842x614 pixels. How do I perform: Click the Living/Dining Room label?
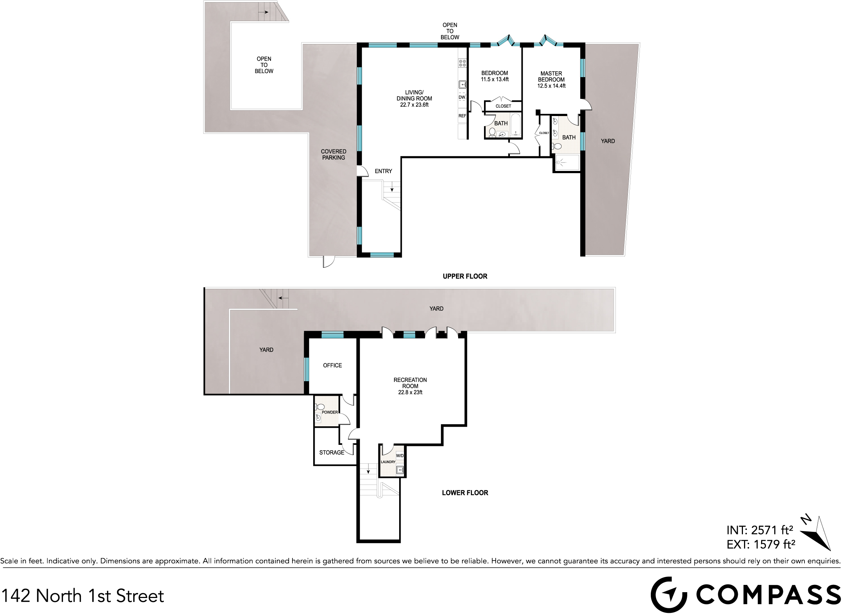[x=414, y=96]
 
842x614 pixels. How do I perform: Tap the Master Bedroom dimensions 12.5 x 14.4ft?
[x=551, y=86]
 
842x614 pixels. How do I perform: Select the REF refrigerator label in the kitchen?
[x=462, y=116]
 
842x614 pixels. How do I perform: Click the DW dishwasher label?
[x=462, y=97]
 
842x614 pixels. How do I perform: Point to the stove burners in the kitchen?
[x=462, y=64]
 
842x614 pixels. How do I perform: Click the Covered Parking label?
[x=333, y=155]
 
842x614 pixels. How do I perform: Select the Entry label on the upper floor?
[x=383, y=171]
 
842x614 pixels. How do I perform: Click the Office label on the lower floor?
[x=332, y=366]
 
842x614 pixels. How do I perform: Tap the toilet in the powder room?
[x=320, y=407]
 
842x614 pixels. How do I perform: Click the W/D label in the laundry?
[x=400, y=456]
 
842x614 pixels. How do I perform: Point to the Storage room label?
[x=331, y=453]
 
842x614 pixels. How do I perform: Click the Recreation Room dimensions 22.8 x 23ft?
[x=410, y=392]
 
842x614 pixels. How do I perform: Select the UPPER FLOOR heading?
[x=465, y=276]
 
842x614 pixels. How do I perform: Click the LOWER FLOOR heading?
[x=465, y=493]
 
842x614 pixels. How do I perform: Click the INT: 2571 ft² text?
[x=760, y=530]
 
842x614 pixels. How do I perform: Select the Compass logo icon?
[x=669, y=595]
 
